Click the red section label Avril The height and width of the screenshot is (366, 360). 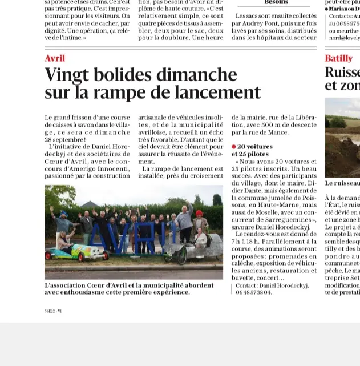click(x=55, y=58)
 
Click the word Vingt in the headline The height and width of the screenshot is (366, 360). click(x=66, y=74)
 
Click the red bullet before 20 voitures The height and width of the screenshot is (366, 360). click(x=234, y=147)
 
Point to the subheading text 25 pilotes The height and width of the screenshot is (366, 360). click(x=250, y=154)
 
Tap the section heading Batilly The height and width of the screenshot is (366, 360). click(x=338, y=58)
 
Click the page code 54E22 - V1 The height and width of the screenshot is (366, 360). click(x=53, y=311)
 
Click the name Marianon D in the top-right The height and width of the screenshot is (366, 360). click(x=343, y=9)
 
